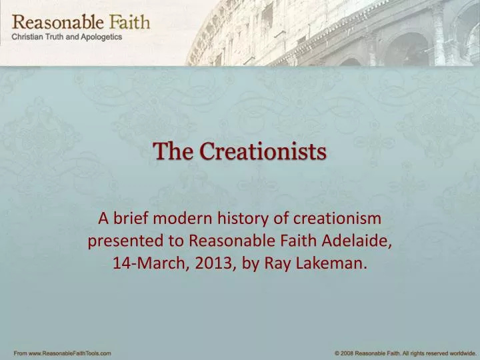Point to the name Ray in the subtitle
pyautogui.click(x=277, y=263)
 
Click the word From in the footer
pyautogui.click(x=20, y=352)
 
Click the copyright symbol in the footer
pyautogui.click(x=337, y=352)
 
